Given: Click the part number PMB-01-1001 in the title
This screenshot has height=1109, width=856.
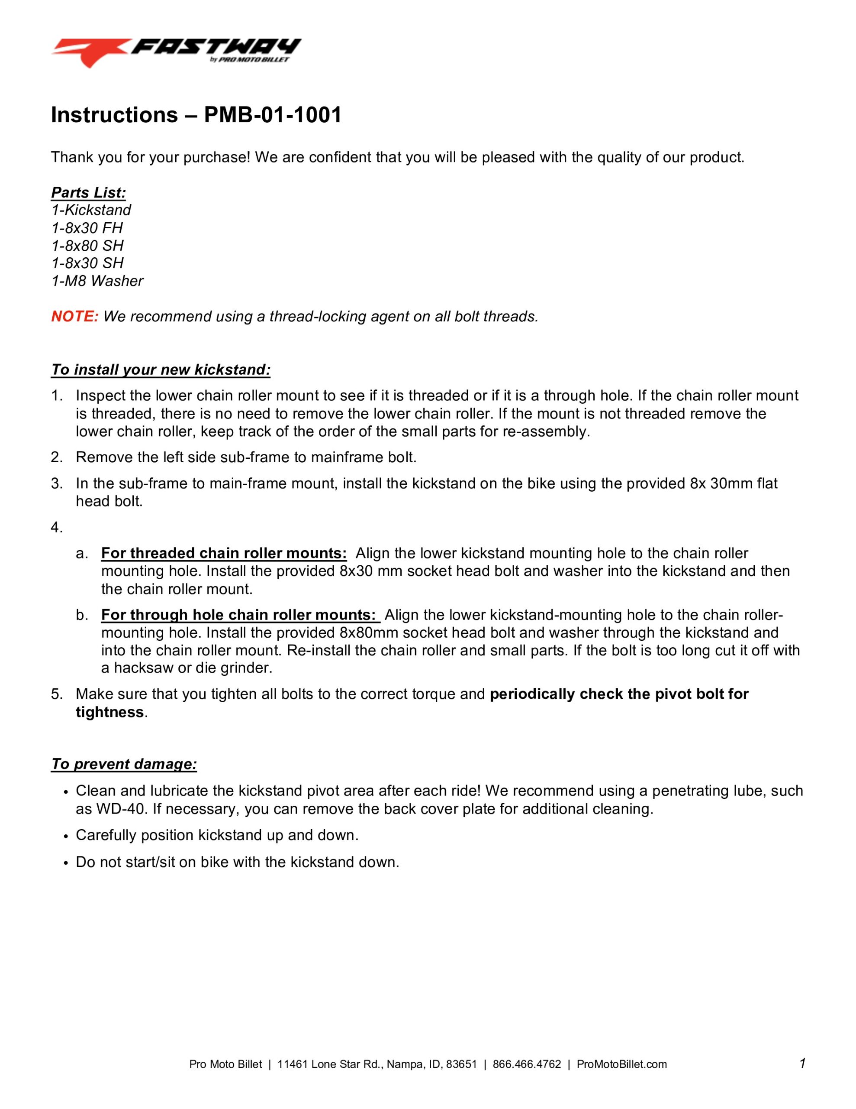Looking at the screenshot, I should [x=273, y=115].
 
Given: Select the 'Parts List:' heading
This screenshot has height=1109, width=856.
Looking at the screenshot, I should [x=88, y=192].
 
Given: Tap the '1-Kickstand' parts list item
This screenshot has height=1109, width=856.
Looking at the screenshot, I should [x=91, y=210].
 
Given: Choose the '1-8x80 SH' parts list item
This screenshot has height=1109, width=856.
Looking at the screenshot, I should [x=87, y=246].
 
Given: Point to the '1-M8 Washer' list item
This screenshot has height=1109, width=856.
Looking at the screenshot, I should [x=97, y=281].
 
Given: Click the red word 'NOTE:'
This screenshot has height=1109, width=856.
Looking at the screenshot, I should [x=74, y=316].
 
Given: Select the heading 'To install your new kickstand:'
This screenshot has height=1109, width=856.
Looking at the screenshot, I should [x=161, y=370].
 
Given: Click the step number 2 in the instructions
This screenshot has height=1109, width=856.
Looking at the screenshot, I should [x=56, y=457].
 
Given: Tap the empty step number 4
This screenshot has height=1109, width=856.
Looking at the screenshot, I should [x=56, y=528].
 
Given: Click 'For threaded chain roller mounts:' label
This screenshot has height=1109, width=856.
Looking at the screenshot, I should [x=224, y=553].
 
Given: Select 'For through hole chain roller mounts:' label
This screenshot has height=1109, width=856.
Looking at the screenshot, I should [x=240, y=615].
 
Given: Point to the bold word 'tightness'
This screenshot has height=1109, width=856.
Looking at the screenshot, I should [x=109, y=712].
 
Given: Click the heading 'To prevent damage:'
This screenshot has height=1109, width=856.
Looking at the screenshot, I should [x=124, y=764].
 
